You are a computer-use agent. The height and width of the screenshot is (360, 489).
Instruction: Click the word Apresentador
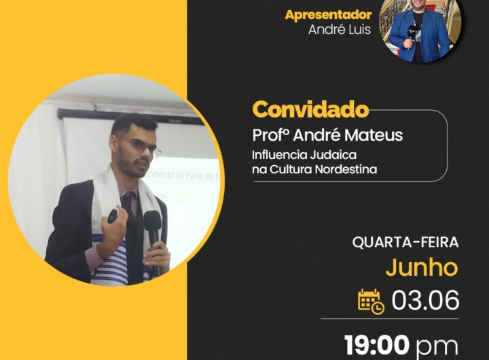click(x=328, y=16)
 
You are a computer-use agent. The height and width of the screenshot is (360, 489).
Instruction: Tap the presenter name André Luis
click(x=340, y=30)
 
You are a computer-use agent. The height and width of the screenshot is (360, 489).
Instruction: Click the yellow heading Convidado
click(x=310, y=109)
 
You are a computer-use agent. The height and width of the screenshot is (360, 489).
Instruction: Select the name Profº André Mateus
click(x=327, y=135)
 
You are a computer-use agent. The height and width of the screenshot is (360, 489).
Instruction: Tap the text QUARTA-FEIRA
click(x=405, y=242)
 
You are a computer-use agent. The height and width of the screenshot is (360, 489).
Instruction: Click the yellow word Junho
click(x=422, y=268)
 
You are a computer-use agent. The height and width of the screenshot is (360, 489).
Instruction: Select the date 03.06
click(x=425, y=300)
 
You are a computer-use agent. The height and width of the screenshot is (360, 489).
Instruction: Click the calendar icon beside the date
click(x=371, y=301)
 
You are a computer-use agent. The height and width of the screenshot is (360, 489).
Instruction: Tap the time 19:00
click(x=377, y=345)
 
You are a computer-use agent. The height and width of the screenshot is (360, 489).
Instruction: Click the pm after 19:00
click(x=437, y=348)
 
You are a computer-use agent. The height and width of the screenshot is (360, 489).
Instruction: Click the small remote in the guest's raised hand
click(x=113, y=216)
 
